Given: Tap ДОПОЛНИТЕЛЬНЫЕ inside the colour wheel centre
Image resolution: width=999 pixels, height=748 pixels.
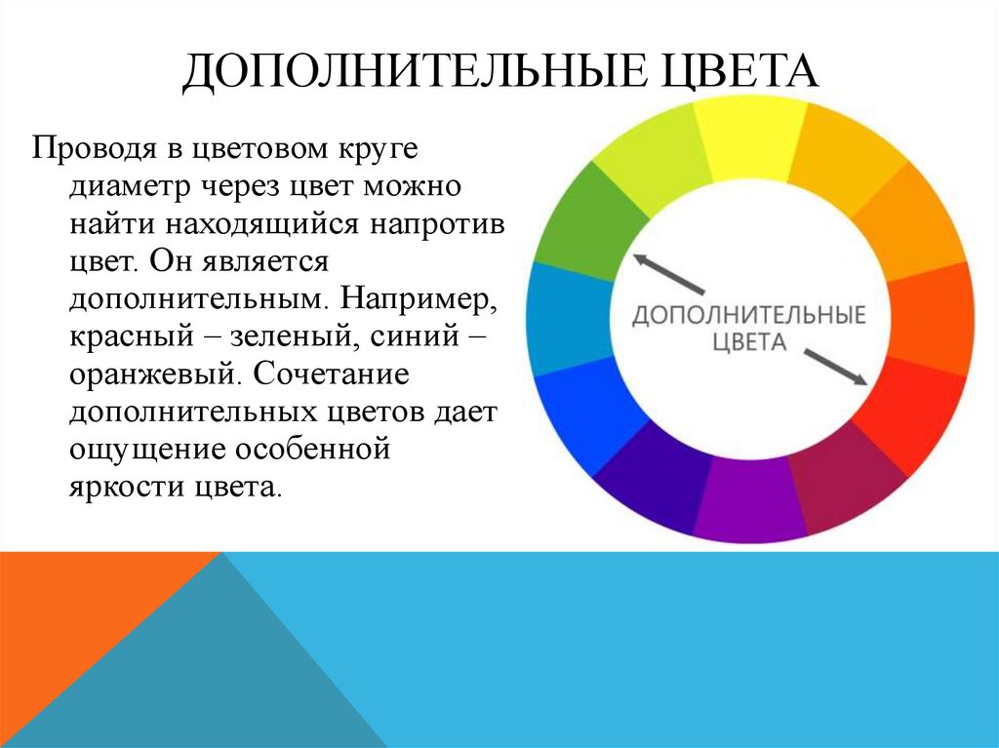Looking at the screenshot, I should point(748,316).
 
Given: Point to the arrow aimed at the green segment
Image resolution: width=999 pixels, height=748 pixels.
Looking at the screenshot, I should point(668,273).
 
